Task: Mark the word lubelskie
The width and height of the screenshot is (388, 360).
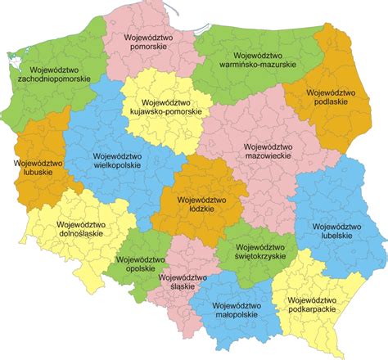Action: click(336, 236)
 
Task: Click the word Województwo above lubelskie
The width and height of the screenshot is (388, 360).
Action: click(336, 226)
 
